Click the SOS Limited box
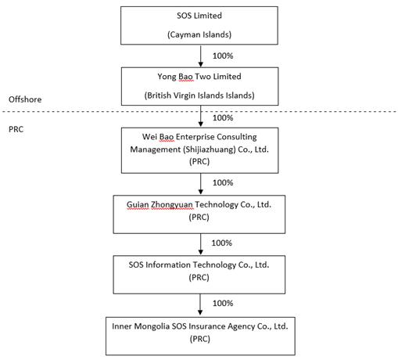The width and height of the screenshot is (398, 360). (199, 26)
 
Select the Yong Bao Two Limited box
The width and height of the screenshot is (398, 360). (199, 86)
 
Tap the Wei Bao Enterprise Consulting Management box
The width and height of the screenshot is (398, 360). (199, 150)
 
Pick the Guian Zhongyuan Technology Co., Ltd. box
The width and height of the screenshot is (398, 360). (199, 214)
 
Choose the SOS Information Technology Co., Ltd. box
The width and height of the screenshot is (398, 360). (199, 275)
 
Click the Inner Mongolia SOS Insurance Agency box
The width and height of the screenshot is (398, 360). (200, 336)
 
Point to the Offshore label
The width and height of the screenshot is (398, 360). (25, 99)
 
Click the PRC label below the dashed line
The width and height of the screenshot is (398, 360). (16, 129)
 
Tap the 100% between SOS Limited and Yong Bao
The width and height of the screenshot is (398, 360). (223, 56)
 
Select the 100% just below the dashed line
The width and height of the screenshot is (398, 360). (223, 118)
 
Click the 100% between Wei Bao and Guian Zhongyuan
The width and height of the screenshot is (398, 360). (223, 182)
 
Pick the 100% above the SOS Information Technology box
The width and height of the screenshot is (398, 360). (221, 243)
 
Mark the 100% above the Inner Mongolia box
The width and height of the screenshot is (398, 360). (223, 303)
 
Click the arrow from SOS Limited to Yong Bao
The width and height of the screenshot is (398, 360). (200, 56)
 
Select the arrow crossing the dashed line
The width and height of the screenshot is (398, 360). (200, 117)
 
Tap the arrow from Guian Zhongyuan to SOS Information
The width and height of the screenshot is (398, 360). (200, 244)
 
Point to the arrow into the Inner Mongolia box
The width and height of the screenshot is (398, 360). (200, 304)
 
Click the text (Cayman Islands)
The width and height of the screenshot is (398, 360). (199, 34)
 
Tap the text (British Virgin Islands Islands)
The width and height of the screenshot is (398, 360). (199, 95)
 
